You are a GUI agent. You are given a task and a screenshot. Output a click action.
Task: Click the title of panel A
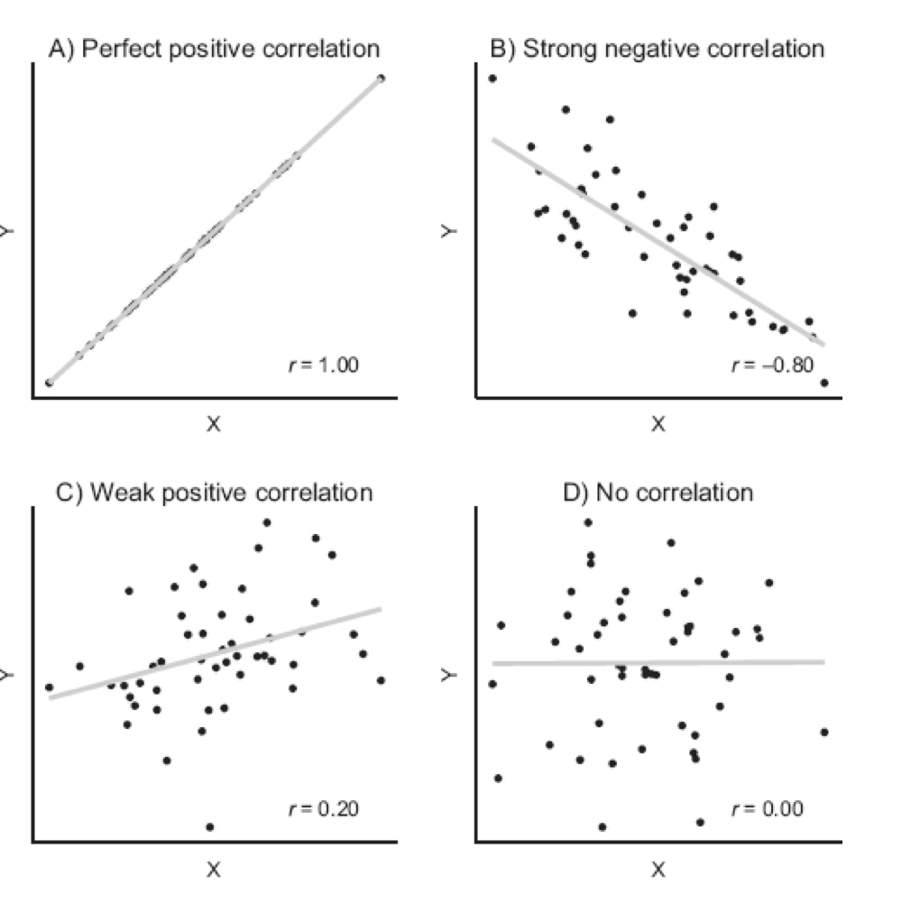point(214,49)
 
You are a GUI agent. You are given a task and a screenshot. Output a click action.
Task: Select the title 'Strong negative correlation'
point(657,49)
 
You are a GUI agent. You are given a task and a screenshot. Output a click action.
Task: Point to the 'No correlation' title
point(657,493)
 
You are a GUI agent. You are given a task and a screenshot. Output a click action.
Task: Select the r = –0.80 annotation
point(771,365)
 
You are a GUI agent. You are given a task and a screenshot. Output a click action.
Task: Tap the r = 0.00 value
point(767,808)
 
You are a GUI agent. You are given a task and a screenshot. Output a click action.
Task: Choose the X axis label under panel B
point(658,424)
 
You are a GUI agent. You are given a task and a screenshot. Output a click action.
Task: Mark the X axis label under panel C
point(214,870)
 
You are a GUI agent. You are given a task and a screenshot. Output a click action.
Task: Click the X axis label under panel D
point(658,870)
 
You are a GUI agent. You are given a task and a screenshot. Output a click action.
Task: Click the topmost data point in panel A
point(381,78)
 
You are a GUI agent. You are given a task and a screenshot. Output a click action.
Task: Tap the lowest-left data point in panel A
point(49,383)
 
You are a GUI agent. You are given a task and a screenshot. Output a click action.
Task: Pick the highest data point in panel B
point(492,78)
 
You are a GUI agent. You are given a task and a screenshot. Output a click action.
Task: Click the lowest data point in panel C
point(210,826)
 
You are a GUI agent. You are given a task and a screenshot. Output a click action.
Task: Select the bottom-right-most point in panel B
point(824,383)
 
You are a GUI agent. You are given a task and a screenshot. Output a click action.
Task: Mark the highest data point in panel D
point(588,522)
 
